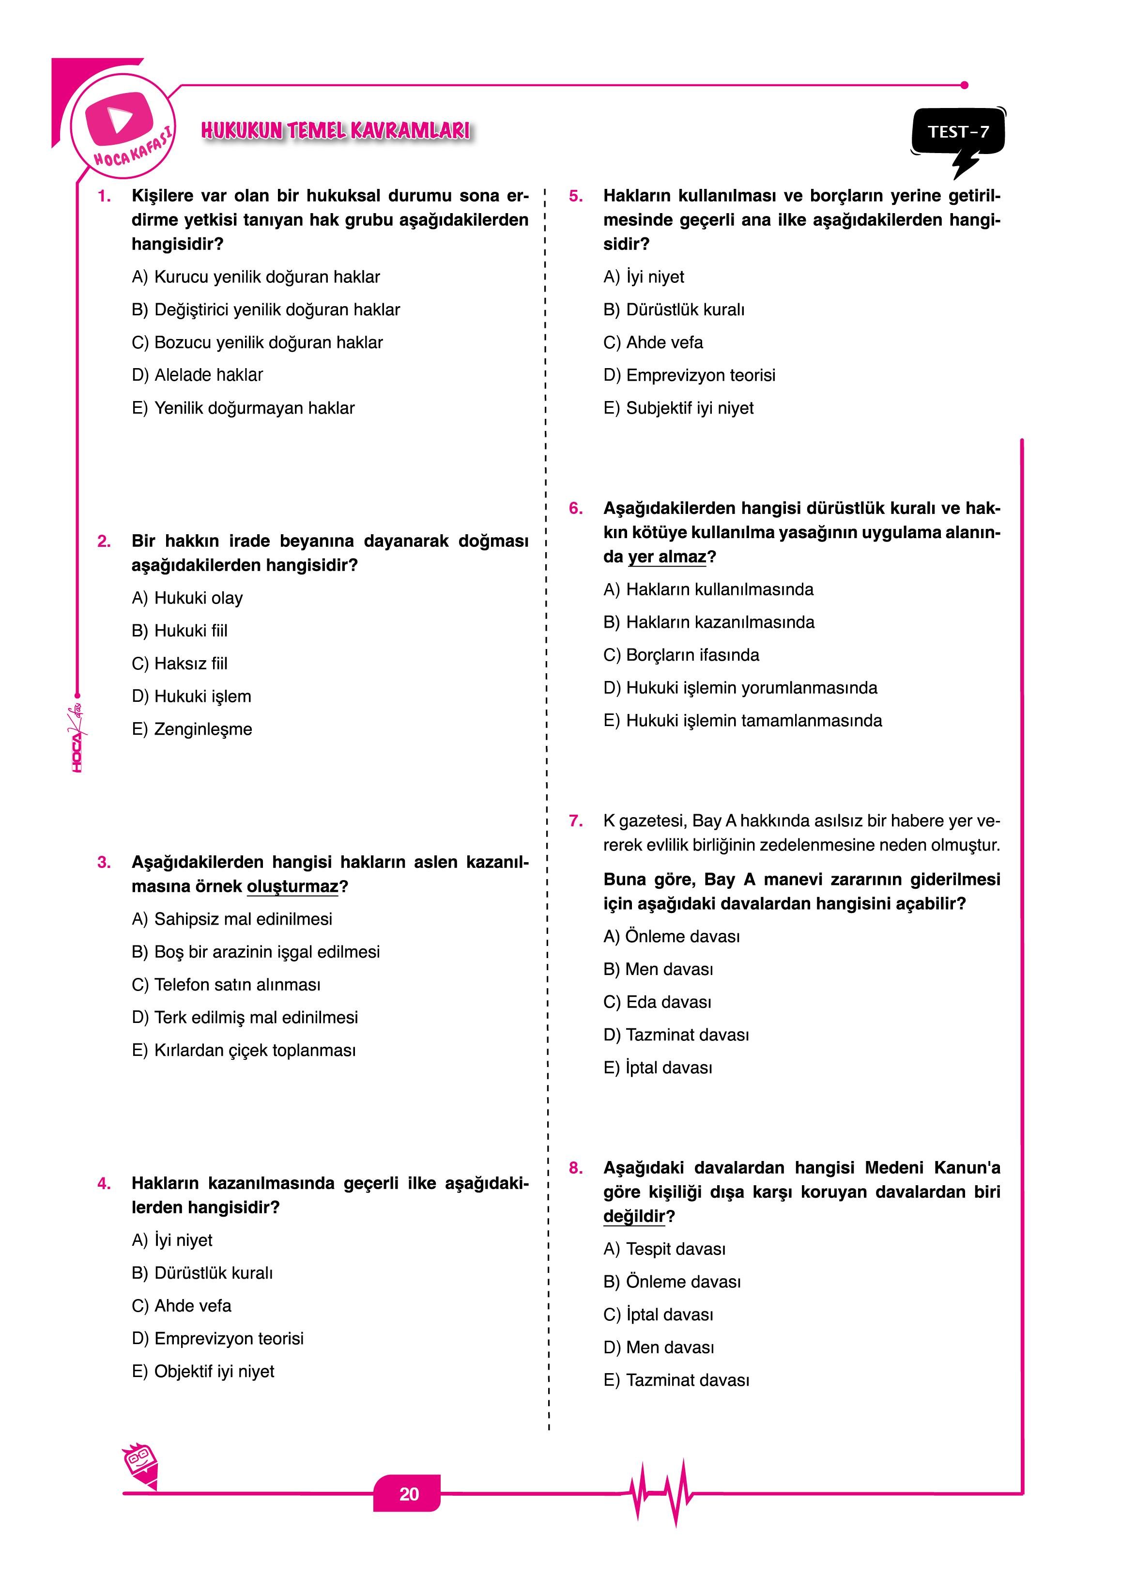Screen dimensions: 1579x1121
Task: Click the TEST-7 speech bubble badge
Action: coord(958,133)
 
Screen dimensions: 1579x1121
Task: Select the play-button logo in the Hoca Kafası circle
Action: coord(119,118)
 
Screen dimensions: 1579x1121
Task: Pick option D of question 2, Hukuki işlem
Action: coord(191,696)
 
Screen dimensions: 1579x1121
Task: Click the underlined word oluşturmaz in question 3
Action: coord(292,886)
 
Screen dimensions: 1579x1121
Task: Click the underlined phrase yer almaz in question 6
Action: coord(667,557)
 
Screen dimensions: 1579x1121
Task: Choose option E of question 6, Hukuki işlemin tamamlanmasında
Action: coord(743,721)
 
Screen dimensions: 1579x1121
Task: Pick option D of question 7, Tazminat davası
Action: coord(676,1035)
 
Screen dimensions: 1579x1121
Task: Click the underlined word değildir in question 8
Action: coord(634,1216)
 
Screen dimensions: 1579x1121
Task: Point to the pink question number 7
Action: coord(576,821)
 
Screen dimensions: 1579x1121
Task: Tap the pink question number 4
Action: coord(104,1183)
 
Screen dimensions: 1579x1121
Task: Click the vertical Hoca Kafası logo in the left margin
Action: coord(77,735)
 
